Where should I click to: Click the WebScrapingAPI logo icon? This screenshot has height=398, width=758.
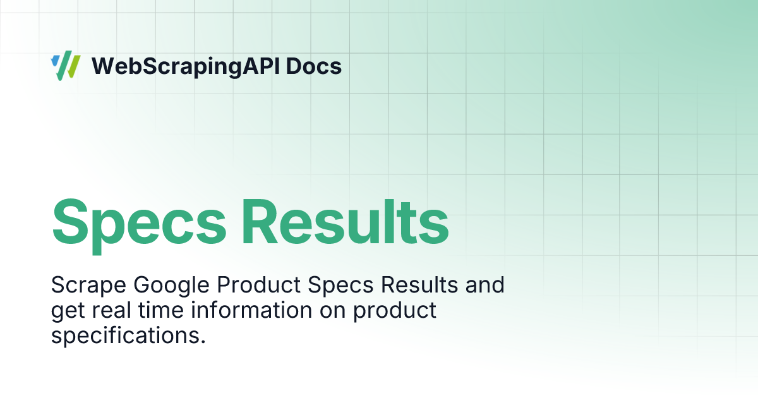(66, 66)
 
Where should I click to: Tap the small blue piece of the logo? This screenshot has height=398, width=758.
(55, 61)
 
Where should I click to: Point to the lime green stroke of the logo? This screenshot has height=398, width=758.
(73, 67)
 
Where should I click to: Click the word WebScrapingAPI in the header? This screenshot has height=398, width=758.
(186, 66)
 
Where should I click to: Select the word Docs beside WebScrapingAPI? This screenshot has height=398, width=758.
(314, 66)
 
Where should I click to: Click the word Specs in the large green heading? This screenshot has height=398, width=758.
(139, 224)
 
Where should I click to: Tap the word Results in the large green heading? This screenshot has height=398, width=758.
(346, 222)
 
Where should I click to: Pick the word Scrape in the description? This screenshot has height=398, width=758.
(88, 286)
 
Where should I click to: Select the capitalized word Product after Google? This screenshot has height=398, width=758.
(259, 285)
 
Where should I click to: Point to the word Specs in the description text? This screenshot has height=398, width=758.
(340, 286)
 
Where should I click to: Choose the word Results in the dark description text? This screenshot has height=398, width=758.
(419, 285)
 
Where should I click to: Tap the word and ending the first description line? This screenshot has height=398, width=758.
(485, 285)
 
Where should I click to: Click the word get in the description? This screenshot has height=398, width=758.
(68, 311)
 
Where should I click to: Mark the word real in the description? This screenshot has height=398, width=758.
(111, 310)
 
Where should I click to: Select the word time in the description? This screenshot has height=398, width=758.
(161, 310)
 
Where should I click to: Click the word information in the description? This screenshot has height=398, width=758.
(251, 310)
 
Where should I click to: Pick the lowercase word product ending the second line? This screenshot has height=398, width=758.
(395, 311)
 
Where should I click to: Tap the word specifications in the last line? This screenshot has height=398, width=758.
(128, 336)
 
